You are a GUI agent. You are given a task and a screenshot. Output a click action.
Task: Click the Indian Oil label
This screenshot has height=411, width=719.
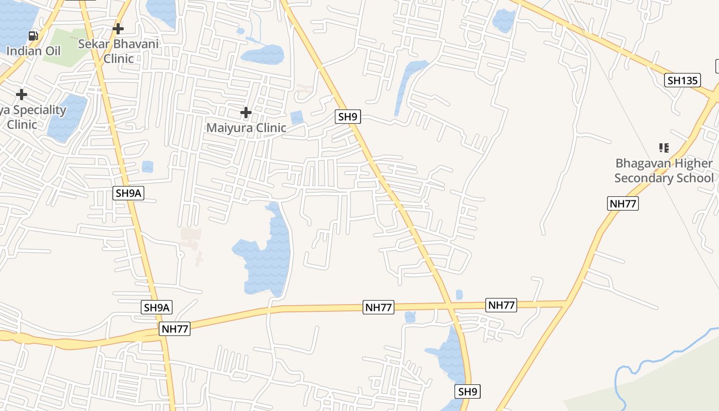click(33, 51)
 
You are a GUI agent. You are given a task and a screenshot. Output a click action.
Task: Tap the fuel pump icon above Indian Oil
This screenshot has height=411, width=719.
click(33, 35)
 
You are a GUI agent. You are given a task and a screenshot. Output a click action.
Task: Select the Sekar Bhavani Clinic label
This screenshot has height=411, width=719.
click(118, 51)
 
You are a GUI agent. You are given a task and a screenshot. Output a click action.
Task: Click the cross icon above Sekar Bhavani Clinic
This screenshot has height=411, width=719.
click(118, 28)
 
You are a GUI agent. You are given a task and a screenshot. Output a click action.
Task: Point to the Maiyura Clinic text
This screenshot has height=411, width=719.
click(246, 127)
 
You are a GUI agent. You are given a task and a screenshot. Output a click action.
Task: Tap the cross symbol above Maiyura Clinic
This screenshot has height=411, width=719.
click(246, 112)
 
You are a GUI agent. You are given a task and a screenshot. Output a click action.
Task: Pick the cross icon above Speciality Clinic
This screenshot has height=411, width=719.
click(22, 95)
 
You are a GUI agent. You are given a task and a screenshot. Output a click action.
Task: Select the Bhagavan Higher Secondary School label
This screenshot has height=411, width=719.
click(664, 171)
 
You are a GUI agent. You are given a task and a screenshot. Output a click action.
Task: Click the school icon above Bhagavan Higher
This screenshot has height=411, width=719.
click(664, 148)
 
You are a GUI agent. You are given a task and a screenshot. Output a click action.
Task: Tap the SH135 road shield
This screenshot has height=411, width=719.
click(682, 80)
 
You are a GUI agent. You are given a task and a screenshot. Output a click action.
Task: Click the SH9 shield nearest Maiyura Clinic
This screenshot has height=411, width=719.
click(348, 117)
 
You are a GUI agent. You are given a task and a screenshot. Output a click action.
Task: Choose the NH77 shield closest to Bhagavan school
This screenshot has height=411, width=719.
click(623, 203)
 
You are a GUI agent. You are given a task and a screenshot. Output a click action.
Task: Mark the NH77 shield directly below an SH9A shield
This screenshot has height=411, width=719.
click(175, 329)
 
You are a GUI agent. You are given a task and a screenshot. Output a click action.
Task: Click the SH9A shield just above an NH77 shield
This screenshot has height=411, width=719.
click(157, 308)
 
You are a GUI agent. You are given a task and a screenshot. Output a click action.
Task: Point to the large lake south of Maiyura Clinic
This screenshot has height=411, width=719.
click(267, 257)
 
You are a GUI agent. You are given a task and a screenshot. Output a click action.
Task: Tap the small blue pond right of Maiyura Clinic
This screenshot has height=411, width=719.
click(297, 118)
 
